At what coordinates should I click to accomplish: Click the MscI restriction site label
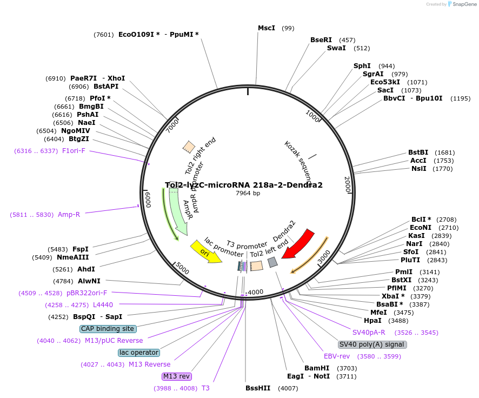coord(266,28)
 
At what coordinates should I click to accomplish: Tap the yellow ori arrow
coord(206,253)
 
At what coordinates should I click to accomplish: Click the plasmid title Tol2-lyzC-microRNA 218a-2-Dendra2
coord(243,185)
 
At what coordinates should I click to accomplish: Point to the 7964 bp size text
coord(248,193)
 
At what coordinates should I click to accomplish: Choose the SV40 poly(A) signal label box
coord(372,344)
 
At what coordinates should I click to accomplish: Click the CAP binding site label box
coord(108,329)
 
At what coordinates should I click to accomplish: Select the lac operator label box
coord(139,353)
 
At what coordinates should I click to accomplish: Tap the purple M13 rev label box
coord(177,376)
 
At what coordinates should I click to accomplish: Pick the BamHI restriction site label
coord(317,368)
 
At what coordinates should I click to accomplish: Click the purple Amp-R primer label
coord(69,215)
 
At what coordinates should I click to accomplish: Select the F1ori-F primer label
coord(74,151)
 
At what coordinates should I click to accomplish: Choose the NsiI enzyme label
coord(418,169)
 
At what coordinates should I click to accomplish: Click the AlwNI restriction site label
coord(89,281)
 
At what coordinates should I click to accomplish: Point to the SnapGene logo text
coord(464,4)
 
